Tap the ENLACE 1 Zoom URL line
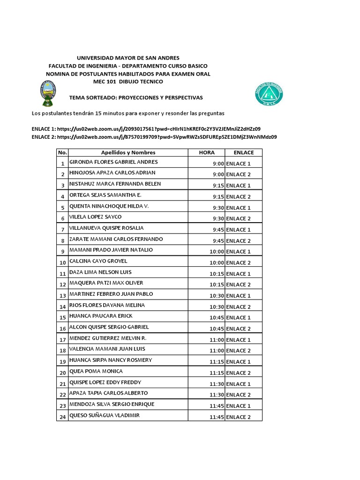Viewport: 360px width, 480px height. [146, 128]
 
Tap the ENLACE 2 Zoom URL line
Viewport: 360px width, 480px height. [154, 137]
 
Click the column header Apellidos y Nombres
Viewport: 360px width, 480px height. [128, 152]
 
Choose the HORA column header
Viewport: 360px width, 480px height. [206, 152]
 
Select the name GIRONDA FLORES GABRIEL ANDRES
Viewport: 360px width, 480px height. [113, 162]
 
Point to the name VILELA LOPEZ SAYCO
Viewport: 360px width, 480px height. [95, 217]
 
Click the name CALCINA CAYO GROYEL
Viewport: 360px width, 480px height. [98, 261]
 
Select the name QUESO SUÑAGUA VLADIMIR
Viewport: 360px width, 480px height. [104, 415]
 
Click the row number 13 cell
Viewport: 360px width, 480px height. [62, 296]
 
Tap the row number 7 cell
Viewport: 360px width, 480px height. [62, 230]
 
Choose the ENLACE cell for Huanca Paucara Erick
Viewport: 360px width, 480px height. [243, 318]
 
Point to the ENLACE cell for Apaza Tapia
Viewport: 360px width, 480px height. [243, 395]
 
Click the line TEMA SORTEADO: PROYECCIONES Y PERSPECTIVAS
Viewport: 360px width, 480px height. [135, 97]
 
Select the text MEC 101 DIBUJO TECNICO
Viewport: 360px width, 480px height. [128, 82]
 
